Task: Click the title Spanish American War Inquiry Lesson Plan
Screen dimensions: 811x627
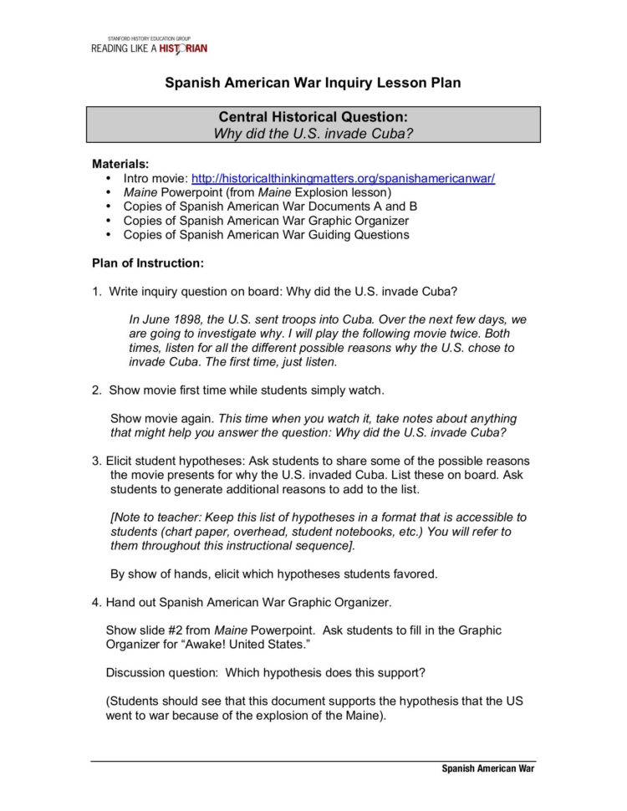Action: tap(313, 83)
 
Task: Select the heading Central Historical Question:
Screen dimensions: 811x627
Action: tap(313, 117)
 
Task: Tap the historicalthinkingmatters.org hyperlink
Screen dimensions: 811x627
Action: tap(344, 179)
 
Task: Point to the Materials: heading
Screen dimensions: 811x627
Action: tap(120, 164)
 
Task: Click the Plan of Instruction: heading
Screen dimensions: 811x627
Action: tap(147, 263)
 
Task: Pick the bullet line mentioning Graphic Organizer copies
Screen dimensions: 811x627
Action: tap(266, 221)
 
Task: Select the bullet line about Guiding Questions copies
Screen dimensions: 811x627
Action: tap(266, 235)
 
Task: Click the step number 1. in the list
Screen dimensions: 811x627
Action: tap(97, 291)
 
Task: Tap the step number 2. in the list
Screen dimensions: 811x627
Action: tap(97, 390)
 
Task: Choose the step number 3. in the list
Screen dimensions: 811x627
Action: tap(97, 461)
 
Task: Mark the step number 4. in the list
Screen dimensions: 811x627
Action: tap(97, 602)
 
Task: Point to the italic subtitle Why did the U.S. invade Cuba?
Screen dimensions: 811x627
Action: tap(313, 133)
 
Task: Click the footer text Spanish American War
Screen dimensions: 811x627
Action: tap(487, 769)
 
